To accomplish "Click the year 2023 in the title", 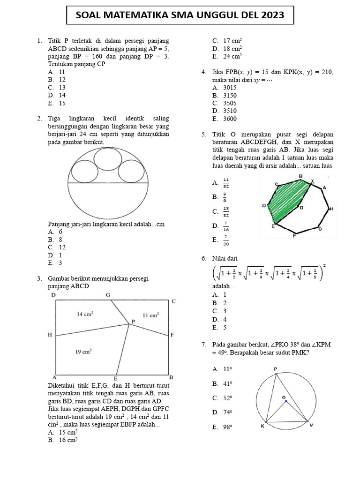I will coord(270,15).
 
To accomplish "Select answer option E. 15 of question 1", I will coord(57,103).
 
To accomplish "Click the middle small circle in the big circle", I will coord(108,159).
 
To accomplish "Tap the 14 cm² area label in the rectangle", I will coord(85,315).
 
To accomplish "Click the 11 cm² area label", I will coord(150,315).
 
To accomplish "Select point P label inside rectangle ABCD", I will coord(133,321).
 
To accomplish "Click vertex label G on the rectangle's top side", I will coord(108,295).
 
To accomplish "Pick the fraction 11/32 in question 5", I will coord(226,182).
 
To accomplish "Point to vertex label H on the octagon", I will coord(331,209).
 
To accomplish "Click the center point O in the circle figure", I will coord(284,398).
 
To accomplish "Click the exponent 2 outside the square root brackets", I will coord(324,266).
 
